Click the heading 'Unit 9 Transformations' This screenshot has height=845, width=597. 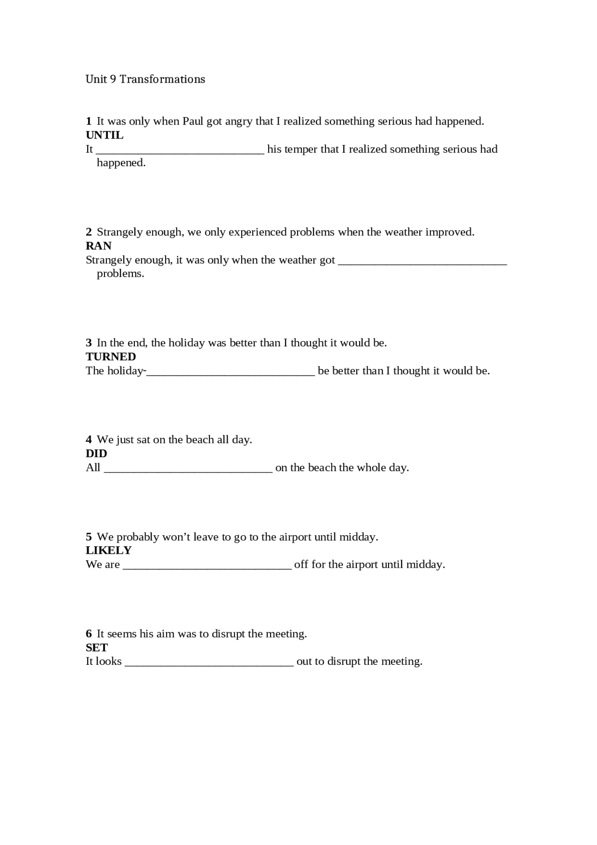tap(145, 79)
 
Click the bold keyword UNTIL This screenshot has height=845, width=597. tap(104, 135)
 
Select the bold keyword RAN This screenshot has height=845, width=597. tap(98, 246)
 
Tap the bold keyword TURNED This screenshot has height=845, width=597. tap(111, 357)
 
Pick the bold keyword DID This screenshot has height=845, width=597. tap(96, 454)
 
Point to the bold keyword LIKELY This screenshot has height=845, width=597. tap(108, 551)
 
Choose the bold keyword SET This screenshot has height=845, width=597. tap(97, 648)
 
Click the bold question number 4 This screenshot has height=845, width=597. tap(89, 440)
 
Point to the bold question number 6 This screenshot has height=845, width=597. tap(89, 634)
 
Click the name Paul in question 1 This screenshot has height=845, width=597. tap(193, 121)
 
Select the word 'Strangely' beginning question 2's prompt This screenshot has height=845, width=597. tap(118, 232)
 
